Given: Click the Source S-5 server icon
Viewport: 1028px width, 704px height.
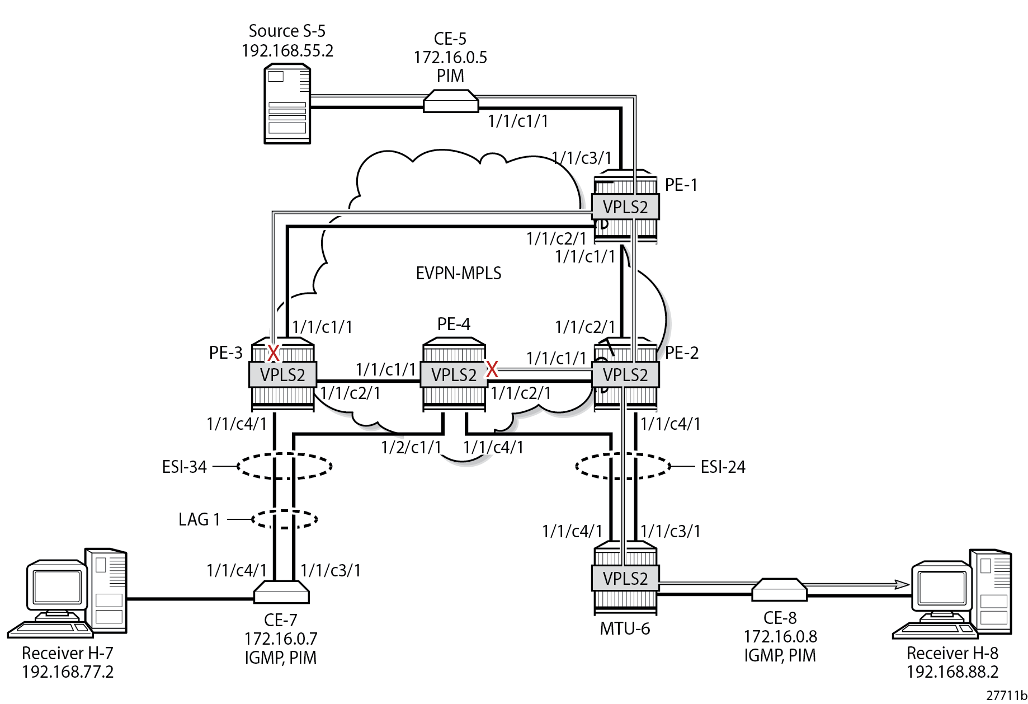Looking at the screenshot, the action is (287, 104).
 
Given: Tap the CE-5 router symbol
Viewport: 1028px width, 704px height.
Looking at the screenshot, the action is (451, 101).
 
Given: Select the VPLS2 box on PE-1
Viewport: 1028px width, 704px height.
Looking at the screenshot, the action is (625, 206).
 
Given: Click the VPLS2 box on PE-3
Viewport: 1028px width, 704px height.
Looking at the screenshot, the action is (282, 374).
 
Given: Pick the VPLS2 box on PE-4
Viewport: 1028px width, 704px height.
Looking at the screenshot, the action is (454, 374).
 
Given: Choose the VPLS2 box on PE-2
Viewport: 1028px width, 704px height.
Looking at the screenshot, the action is (625, 374).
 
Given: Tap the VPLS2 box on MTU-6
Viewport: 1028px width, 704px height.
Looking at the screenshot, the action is (625, 578).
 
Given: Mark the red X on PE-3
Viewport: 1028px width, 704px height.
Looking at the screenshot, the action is (273, 353).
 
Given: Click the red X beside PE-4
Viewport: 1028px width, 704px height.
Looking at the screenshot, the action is (492, 369).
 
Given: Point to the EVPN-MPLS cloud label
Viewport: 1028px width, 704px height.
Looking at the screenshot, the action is (459, 273).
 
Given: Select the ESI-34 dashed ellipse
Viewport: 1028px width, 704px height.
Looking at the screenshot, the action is (284, 466).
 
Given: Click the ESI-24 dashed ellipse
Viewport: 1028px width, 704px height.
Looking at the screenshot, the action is (623, 466).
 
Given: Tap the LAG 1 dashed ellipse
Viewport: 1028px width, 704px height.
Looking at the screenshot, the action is (284, 519).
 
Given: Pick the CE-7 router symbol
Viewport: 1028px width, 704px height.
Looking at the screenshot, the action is (281, 592).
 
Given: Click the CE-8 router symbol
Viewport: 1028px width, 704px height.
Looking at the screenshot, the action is (779, 590).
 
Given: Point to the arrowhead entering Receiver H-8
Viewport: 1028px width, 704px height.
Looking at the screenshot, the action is (902, 584).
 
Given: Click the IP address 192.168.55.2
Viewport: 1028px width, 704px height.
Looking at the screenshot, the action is (287, 51).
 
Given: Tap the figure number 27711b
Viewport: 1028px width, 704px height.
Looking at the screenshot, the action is (1006, 695).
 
